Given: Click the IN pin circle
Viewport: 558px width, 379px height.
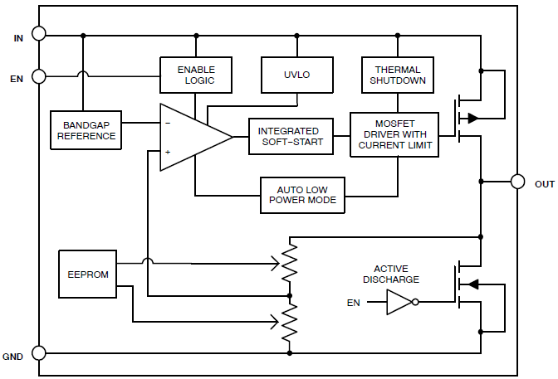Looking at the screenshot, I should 39,35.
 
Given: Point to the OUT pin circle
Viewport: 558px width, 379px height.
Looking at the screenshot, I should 517,182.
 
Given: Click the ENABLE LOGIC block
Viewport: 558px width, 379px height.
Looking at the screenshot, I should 195,75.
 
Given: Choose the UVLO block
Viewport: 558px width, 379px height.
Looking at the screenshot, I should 296,75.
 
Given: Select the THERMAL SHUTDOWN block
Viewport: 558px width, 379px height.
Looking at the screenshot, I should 397,75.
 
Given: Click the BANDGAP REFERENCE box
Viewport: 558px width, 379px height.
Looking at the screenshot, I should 86,130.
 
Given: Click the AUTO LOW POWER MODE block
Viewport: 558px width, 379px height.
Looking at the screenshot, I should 302,194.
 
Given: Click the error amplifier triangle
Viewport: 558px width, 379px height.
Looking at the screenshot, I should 191,138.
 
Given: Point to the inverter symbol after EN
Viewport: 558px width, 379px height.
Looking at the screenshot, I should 400,303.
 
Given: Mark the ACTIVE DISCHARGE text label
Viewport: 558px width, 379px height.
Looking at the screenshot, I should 396,274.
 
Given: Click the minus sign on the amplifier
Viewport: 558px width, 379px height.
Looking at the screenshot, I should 168,123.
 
